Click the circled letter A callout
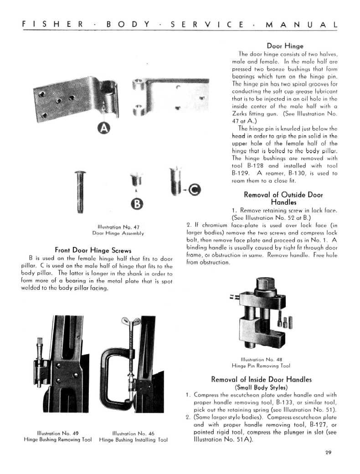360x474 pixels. click(105, 129)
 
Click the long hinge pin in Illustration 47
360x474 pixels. click(80, 191)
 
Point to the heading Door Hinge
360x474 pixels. click(285, 46)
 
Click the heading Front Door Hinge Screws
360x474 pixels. click(93, 250)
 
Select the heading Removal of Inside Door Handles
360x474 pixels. click(262, 379)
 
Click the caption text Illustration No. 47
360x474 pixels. click(118, 227)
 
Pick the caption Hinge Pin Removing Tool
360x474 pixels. click(261, 366)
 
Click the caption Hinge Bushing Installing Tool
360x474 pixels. click(133, 440)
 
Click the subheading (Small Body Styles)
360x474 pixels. click(262, 387)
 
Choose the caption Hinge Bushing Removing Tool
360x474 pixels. click(58, 440)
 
